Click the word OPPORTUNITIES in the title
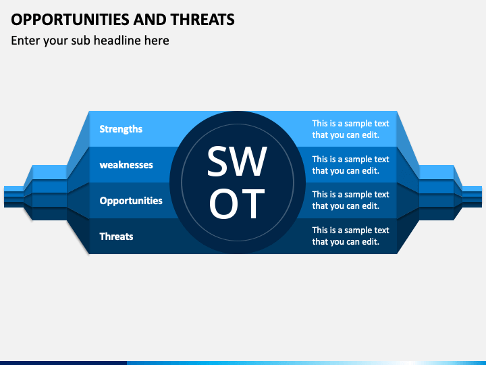point(70,20)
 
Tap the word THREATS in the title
point(202,20)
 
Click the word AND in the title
point(150,20)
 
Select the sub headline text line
point(90,41)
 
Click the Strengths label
point(121,129)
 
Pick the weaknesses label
point(126,165)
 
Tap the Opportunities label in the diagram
point(131,201)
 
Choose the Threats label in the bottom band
point(116,237)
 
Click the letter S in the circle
point(217,162)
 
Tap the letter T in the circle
point(251,203)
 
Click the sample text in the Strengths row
point(350,129)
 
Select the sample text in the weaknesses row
point(350,165)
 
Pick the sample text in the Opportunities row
point(350,200)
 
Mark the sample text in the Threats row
point(350,236)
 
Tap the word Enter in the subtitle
point(26,41)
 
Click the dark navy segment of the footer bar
point(63,363)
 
